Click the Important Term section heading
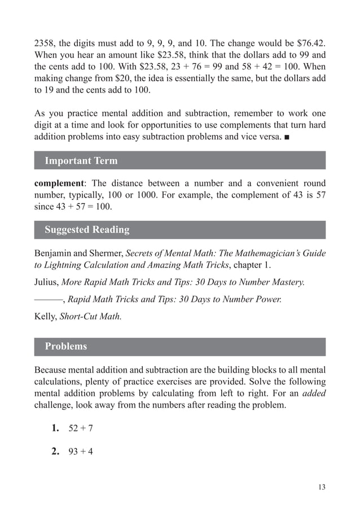pos(81,160)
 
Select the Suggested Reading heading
pos(86,229)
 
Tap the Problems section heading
pos(65,346)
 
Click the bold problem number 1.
pos(55,428)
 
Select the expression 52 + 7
pos(81,429)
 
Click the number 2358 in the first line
pos(45,43)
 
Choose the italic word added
pos(314,393)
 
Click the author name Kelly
pos(46,316)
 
